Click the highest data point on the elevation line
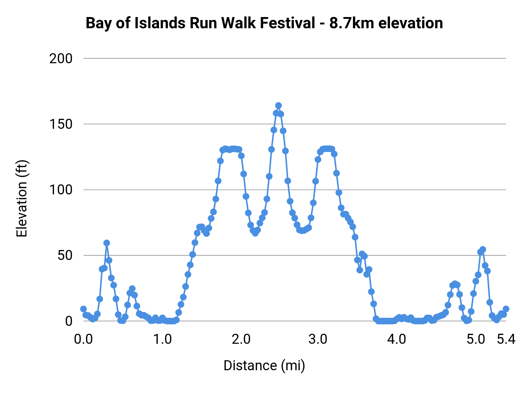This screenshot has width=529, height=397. (278, 106)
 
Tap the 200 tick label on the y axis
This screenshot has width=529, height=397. (61, 59)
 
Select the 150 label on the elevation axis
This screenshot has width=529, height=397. (61, 124)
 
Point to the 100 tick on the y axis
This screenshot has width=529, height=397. (61, 190)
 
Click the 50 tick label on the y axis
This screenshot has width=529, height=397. (65, 256)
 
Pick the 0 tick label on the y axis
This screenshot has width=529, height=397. (69, 321)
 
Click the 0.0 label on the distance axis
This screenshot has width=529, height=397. (83, 339)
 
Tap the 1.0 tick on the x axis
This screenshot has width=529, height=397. (163, 339)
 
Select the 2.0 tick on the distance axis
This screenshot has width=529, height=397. (241, 339)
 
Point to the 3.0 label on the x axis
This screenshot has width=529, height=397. (318, 339)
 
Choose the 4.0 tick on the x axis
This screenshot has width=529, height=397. (396, 339)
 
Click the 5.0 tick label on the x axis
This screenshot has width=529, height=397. (476, 339)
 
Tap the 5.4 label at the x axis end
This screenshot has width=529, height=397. (506, 339)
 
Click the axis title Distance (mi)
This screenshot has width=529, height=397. (264, 366)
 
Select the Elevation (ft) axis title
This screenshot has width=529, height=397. (22, 199)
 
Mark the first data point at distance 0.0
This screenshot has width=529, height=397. (83, 309)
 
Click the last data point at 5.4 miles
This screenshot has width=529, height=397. (506, 309)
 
